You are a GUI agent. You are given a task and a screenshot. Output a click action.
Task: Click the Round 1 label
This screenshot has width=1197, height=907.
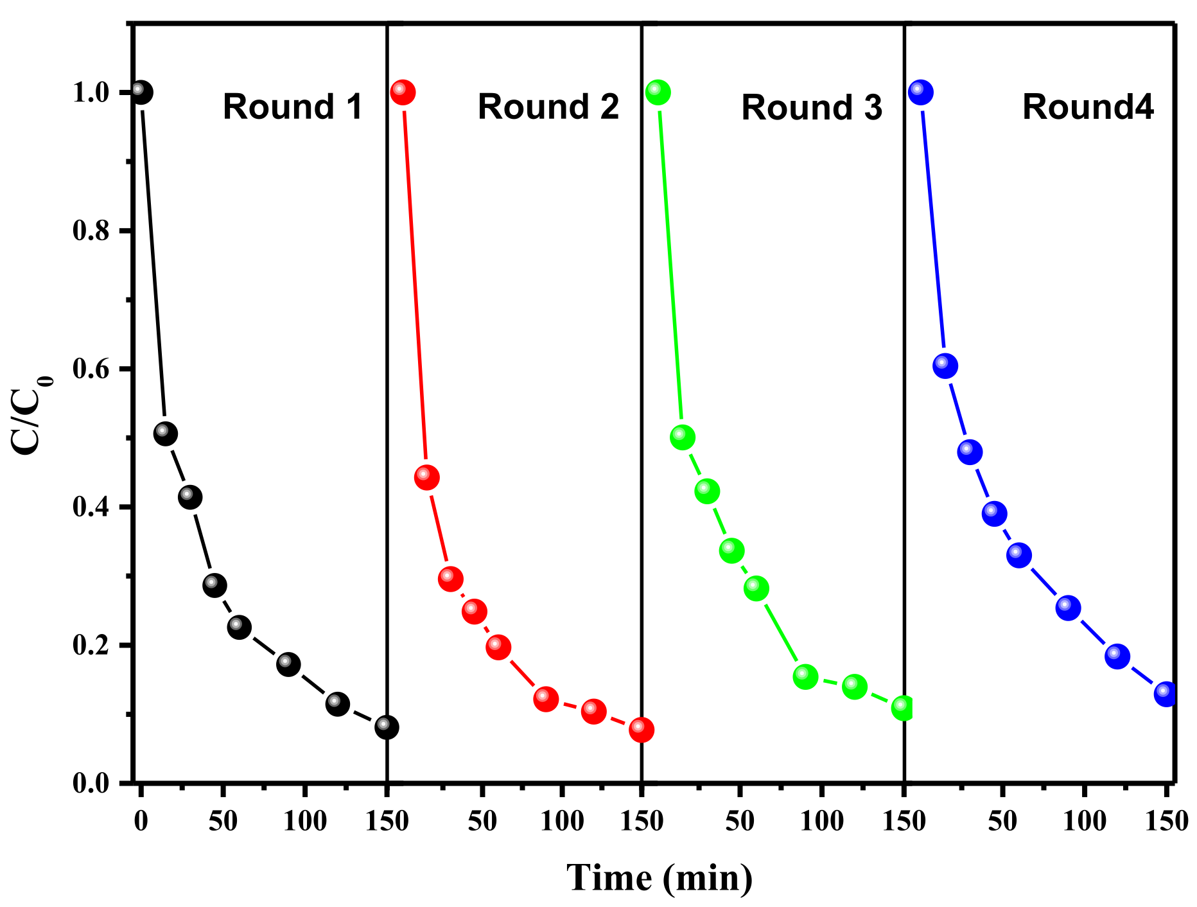(293, 107)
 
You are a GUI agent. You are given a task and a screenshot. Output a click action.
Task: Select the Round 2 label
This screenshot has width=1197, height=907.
(548, 107)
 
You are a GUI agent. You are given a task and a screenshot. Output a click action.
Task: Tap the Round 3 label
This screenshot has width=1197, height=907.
(811, 107)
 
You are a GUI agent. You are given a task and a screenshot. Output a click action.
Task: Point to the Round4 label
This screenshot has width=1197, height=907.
(1088, 107)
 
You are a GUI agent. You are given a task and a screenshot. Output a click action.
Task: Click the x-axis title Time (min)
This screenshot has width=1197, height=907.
(660, 877)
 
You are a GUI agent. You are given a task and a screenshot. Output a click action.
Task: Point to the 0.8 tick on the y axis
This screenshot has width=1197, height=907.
(91, 231)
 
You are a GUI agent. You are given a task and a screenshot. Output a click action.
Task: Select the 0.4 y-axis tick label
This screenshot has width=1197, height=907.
(91, 507)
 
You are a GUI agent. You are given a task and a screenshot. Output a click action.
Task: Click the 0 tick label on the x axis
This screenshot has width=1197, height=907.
(141, 821)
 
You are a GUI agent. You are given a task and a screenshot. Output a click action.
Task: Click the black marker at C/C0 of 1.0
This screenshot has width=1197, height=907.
(141, 92)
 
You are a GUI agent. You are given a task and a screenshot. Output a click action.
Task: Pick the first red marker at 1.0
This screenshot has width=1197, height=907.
(403, 92)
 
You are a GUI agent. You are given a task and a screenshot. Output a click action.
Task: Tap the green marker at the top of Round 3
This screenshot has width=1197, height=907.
(658, 92)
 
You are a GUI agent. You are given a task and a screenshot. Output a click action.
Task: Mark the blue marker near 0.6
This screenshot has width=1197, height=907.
(945, 366)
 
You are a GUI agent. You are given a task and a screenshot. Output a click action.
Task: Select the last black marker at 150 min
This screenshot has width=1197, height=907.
(386, 727)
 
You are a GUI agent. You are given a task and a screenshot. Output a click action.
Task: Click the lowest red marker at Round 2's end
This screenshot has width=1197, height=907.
(641, 729)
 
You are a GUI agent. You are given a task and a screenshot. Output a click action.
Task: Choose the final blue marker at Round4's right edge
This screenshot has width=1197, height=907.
(1166, 694)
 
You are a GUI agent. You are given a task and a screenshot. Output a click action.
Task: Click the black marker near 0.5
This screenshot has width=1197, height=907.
(165, 434)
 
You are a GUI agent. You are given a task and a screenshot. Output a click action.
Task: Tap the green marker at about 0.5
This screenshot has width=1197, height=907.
(682, 437)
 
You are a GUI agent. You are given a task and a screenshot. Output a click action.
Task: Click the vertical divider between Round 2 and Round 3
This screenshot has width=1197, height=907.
(642, 385)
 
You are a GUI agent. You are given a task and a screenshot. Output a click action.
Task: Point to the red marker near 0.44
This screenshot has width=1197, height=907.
(426, 477)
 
